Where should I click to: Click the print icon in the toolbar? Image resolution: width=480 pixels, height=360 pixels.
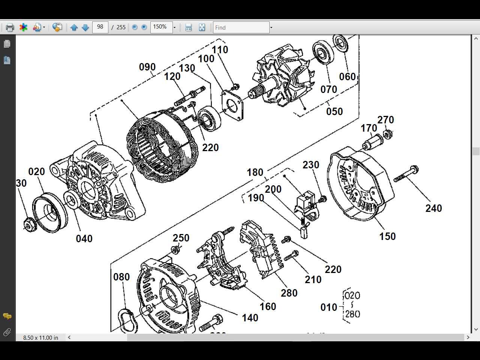tap(10, 27)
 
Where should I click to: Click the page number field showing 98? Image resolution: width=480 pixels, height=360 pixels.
tap(100, 27)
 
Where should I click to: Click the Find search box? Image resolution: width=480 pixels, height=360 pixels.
tap(241, 27)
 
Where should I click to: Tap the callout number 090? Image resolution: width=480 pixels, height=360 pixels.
tap(147, 67)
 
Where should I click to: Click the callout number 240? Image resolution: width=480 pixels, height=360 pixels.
tap(433, 208)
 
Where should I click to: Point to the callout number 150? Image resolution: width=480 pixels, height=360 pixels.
tap(387, 236)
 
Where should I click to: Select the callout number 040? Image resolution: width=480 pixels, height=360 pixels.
tap(84, 238)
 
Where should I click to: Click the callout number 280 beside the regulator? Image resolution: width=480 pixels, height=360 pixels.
tap(289, 293)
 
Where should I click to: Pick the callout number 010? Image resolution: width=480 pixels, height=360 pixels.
tap(328, 307)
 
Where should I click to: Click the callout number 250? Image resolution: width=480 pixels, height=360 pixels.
tap(181, 238)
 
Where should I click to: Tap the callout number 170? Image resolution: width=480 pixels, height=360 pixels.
tap(369, 128)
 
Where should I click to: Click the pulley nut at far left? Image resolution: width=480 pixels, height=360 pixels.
tap(29, 224)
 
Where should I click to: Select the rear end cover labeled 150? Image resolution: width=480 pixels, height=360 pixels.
tap(360, 184)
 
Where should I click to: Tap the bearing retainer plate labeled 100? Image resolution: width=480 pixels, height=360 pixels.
tap(232, 105)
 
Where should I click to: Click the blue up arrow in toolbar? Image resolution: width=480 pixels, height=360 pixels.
tap(74, 27)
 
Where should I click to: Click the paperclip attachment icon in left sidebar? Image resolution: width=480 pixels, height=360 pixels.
tap(7, 332)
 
